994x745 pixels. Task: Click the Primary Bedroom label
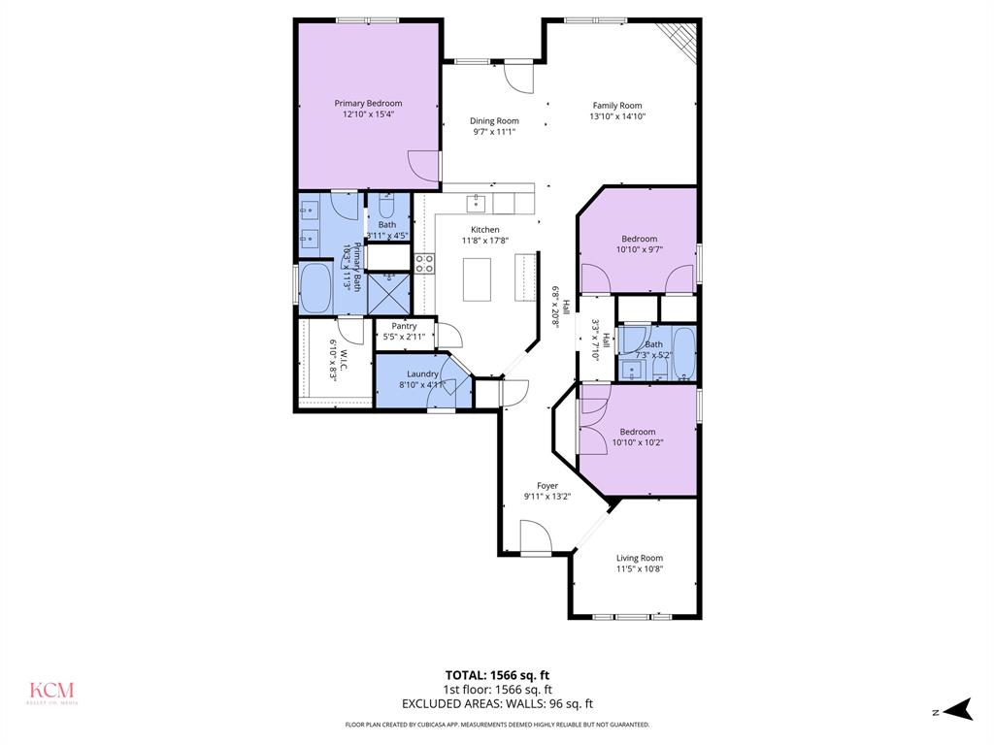368,103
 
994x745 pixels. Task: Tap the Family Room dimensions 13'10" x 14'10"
617,116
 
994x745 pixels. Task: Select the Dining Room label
494,121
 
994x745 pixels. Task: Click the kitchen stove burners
424,263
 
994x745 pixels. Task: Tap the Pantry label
404,326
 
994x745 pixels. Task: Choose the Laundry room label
422,373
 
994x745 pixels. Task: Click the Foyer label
547,486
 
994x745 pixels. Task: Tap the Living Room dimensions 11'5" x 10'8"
640,569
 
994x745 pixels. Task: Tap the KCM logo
50,692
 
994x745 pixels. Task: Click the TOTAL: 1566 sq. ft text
497,674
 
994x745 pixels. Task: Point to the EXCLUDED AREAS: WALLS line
497,704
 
